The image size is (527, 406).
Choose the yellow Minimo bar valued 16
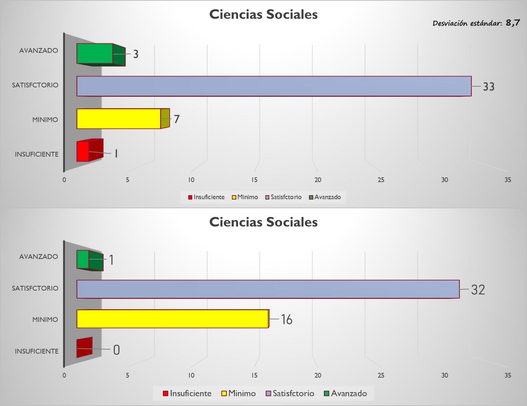click(x=172, y=319)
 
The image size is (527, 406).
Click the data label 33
click(x=488, y=87)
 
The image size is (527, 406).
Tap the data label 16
click(x=287, y=319)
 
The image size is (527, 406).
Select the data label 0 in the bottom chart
click(x=116, y=350)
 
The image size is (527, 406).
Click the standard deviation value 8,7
click(x=512, y=23)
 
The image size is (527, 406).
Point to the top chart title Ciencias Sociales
click(x=263, y=14)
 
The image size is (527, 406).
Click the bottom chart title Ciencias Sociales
click(x=263, y=222)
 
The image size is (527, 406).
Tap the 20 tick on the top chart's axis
click(x=318, y=180)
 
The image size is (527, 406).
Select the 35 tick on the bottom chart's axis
click(x=508, y=375)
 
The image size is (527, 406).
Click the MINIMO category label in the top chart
click(x=45, y=119)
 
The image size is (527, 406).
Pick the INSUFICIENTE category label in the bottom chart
click(x=36, y=351)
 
